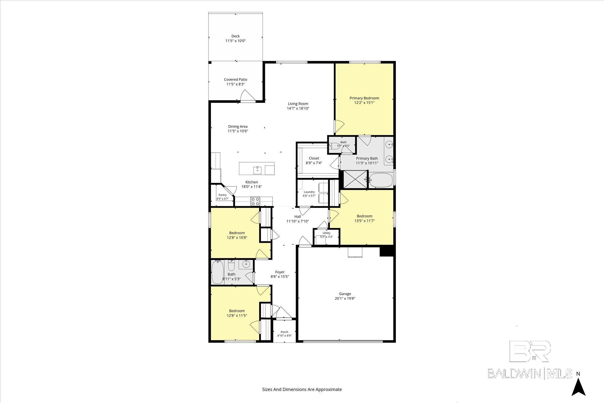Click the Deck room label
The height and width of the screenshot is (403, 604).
click(x=235, y=36)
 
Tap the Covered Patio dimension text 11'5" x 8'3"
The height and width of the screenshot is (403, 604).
click(x=236, y=84)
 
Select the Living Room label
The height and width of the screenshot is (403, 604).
click(x=298, y=104)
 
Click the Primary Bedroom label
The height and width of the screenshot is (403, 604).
click(x=364, y=98)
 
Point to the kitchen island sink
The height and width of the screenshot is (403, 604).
click(x=257, y=170)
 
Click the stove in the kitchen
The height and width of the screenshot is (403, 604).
click(x=255, y=201)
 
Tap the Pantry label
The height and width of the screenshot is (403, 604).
click(x=223, y=195)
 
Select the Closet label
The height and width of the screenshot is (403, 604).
click(x=314, y=158)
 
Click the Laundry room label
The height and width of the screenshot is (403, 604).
click(x=309, y=192)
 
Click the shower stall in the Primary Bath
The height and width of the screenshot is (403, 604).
click(x=356, y=179)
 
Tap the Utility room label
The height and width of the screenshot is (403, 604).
click(x=326, y=233)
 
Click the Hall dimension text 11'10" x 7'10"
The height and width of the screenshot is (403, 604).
click(x=298, y=221)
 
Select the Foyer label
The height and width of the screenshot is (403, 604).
click(x=280, y=272)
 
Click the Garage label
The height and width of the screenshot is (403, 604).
click(x=345, y=294)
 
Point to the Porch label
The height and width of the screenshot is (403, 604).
click(x=284, y=332)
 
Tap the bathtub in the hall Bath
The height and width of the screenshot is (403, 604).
click(x=218, y=272)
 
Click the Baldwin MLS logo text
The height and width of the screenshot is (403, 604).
click(x=530, y=373)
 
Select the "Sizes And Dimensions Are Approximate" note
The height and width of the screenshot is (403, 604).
click(x=302, y=389)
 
